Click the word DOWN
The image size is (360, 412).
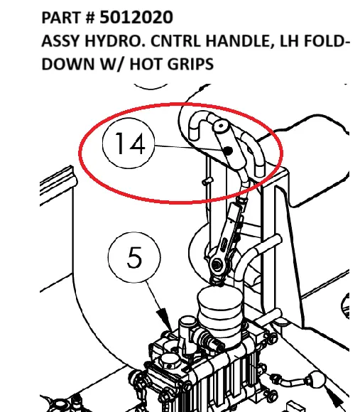click(x=67, y=65)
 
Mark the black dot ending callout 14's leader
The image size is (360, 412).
click(x=229, y=151)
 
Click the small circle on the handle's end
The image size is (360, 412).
click(x=221, y=127)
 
